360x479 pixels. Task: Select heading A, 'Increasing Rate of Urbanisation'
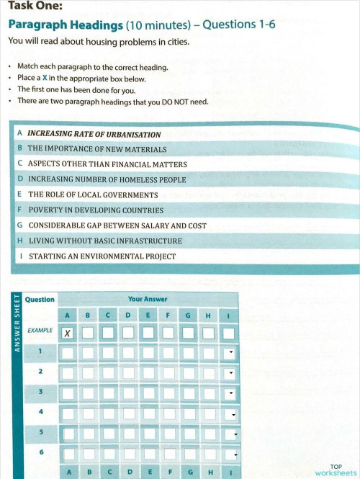93,135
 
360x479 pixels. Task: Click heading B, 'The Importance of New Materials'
96,150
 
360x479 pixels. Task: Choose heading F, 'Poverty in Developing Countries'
95,210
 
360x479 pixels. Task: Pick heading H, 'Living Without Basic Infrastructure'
104,241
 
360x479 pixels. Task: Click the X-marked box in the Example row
68,333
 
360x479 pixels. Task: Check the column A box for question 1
68,353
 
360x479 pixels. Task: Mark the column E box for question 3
148,393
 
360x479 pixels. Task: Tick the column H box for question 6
208,455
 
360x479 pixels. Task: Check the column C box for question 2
107,373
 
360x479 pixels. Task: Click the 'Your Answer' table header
145,298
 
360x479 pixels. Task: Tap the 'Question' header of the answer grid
40,299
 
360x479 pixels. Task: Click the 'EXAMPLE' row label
40,331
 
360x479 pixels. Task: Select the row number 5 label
40,431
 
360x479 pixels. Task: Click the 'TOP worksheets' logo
335,470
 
